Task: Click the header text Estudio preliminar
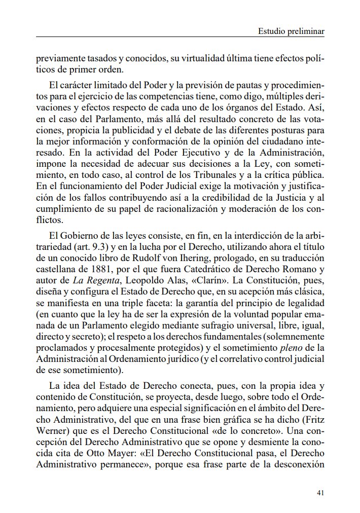[x=291, y=31]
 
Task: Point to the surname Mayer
[x=130, y=443]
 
